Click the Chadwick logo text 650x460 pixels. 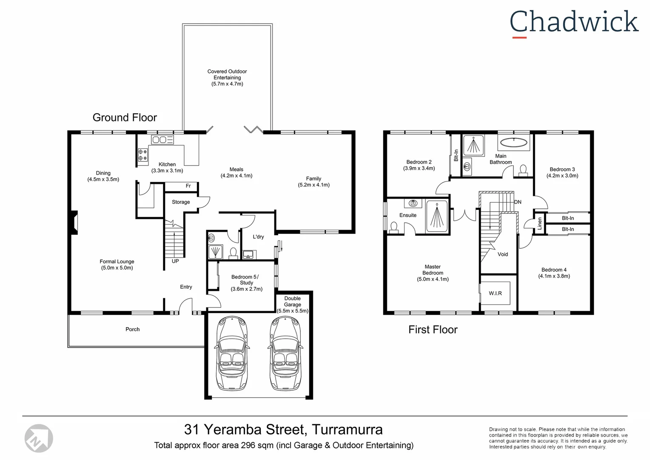574,22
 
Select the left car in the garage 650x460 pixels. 232,353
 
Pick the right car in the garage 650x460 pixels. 286,353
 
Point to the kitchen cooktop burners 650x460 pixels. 143,155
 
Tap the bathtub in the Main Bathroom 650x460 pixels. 513,142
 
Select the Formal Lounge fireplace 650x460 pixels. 74,223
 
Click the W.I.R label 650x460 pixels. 495,293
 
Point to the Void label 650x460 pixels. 503,254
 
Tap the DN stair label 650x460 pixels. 518,202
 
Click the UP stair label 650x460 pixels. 175,261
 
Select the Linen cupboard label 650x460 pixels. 540,223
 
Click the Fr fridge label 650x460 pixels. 188,186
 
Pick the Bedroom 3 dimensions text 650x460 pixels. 562,175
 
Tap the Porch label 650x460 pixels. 132,329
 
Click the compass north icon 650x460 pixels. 39,438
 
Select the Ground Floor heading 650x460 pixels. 125,118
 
